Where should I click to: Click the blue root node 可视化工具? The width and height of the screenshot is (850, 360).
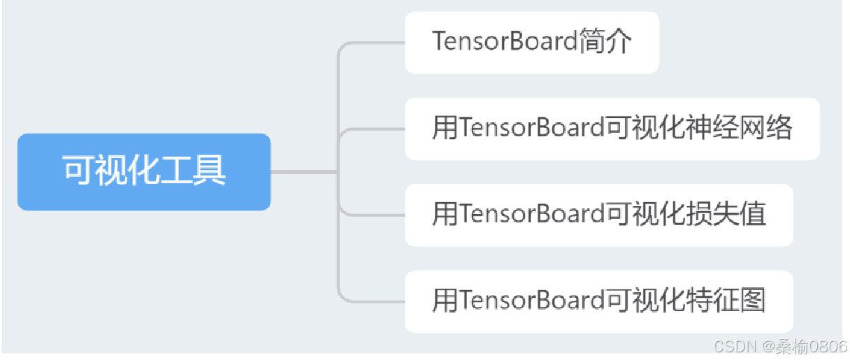[143, 172]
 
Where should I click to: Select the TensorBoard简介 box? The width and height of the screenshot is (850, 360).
[531, 43]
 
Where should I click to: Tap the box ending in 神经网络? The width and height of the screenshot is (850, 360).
[612, 129]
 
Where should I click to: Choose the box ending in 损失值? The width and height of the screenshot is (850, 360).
[598, 215]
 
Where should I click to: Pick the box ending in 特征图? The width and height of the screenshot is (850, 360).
[598, 301]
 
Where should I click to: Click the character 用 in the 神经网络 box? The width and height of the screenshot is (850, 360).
[445, 129]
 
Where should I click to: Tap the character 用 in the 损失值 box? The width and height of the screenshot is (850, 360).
[445, 215]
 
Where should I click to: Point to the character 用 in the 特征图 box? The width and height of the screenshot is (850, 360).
[445, 301]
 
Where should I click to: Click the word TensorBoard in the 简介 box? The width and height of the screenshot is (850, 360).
[504, 43]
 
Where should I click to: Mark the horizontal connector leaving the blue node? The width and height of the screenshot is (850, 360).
[304, 172]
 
